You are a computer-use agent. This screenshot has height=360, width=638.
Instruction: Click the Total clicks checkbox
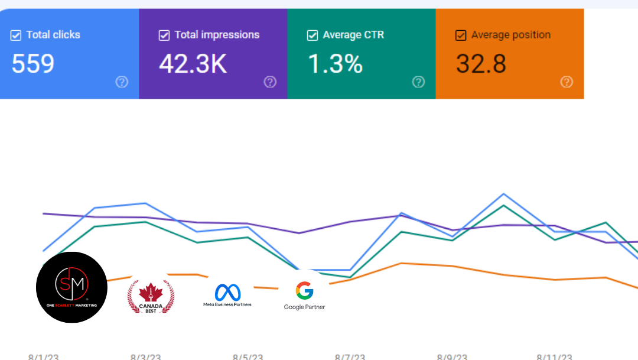point(16,35)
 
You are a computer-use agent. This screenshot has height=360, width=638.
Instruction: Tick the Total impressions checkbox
point(164,35)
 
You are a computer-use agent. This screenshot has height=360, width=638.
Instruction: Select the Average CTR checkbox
point(313,35)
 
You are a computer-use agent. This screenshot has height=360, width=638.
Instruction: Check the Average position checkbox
point(461,35)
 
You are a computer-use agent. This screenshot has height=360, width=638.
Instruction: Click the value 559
point(33,64)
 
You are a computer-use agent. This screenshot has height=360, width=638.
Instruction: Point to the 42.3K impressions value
point(193,64)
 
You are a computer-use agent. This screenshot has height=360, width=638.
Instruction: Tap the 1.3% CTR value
point(336,64)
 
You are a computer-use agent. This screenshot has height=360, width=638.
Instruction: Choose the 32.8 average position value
point(481,64)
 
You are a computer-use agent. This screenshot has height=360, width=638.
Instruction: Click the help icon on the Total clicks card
point(122,82)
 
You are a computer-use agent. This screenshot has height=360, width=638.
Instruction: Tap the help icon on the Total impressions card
point(270,82)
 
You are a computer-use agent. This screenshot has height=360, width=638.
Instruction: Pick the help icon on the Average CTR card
point(418,82)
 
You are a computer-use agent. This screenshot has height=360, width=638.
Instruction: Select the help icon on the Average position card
point(567,82)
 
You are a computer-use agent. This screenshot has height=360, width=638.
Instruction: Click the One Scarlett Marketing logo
point(71,287)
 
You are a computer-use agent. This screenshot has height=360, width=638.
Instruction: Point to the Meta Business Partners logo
point(227,295)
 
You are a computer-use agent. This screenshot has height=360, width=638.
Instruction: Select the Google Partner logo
point(304,295)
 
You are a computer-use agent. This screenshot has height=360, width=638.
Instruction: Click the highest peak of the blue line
point(503,194)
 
